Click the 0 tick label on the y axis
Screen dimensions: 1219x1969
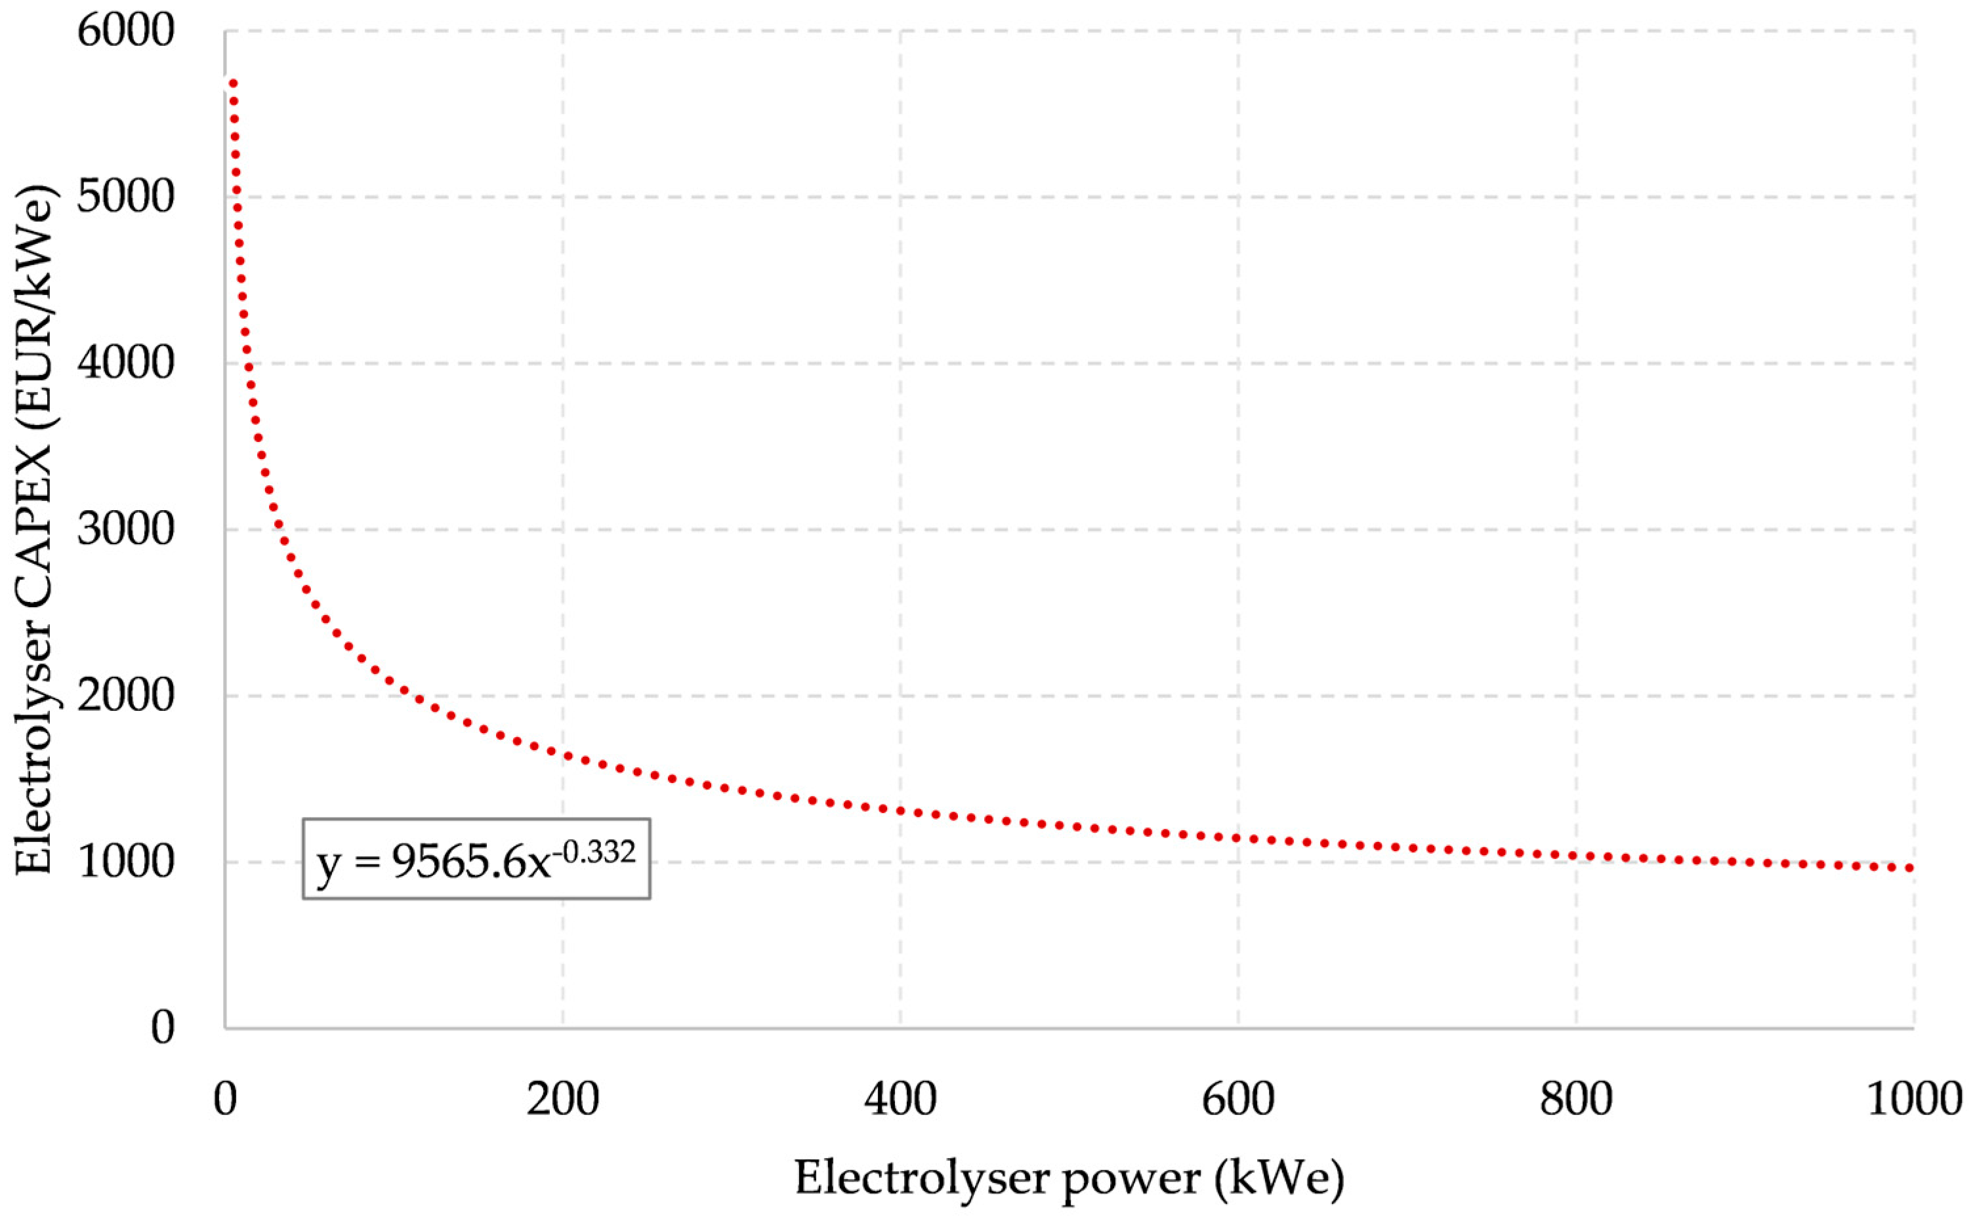(x=162, y=1029)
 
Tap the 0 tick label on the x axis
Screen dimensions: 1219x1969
(x=225, y=1100)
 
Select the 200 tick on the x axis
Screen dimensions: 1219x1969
(x=563, y=1100)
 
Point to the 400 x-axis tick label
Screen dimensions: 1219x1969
(x=900, y=1100)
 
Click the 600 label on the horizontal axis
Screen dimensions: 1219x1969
(x=1238, y=1100)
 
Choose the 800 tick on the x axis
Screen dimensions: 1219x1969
(x=1575, y=1100)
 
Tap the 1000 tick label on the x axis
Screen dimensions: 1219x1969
(x=1913, y=1100)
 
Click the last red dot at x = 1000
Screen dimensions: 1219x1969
(x=1909, y=868)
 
